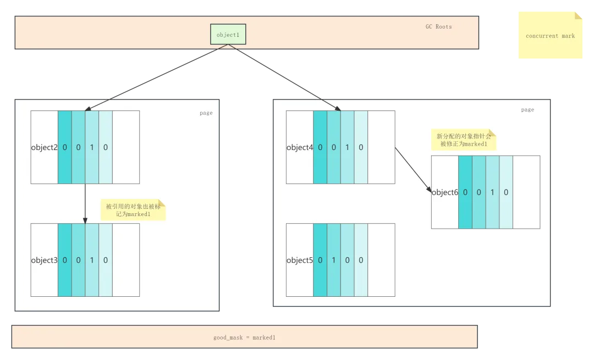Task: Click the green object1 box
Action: [x=228, y=34]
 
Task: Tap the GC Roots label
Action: [x=438, y=26]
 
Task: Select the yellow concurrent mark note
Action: [x=549, y=35]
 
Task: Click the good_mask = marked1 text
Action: [x=244, y=337]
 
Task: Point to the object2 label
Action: [x=45, y=147]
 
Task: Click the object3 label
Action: [x=45, y=260]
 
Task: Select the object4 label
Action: [x=300, y=147]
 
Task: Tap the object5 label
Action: [x=300, y=260]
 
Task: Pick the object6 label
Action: [x=445, y=192]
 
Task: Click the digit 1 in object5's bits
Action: [x=334, y=260]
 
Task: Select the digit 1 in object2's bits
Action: [x=92, y=147]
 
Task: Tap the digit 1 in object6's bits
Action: [x=492, y=192]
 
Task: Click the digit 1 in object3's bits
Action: [x=92, y=260]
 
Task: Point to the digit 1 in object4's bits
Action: [x=347, y=147]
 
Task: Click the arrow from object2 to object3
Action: [x=85, y=203]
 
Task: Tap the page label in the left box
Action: [x=206, y=113]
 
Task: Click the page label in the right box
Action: [x=527, y=109]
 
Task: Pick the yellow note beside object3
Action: [x=134, y=210]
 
